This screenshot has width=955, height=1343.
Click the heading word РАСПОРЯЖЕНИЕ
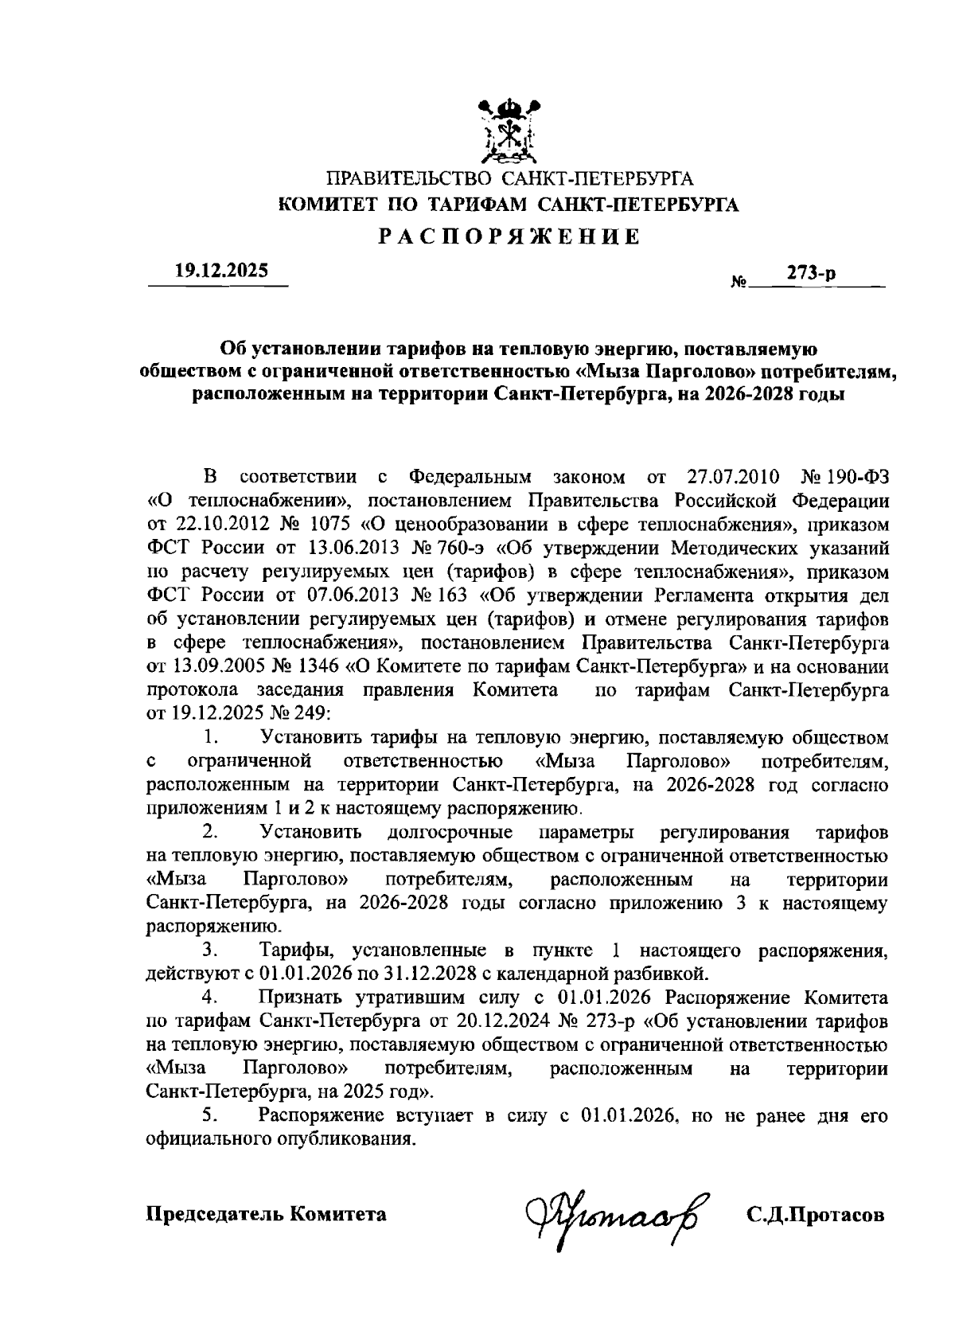509,236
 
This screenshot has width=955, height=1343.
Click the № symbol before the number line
738,283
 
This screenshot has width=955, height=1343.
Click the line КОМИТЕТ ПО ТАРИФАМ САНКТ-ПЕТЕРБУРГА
509,206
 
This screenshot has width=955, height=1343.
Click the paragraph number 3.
211,951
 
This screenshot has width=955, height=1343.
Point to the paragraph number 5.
211,1116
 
